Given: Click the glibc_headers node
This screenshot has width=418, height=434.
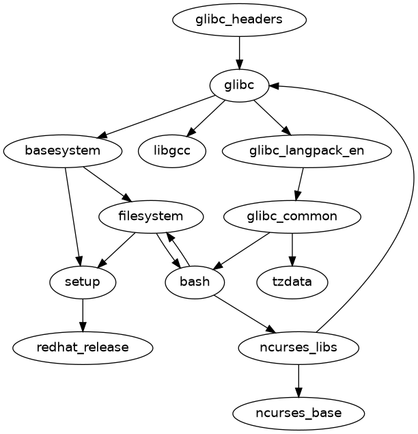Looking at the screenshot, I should (x=239, y=20).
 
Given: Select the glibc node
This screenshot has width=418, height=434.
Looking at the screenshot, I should (x=239, y=85).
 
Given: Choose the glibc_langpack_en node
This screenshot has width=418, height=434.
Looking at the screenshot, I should (x=307, y=150).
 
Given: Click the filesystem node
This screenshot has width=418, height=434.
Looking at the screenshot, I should (x=151, y=217).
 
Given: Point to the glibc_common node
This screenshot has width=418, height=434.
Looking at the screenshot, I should (x=292, y=217).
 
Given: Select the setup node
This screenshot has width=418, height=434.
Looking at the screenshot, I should (x=83, y=282).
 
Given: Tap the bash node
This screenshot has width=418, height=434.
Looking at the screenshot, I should (x=195, y=282).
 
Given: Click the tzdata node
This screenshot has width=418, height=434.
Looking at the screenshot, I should (x=292, y=282).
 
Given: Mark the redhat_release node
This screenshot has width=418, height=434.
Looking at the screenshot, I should (x=83, y=347).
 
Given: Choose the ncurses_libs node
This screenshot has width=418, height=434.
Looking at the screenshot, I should (x=298, y=347).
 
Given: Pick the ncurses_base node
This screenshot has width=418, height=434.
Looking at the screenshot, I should (x=298, y=413).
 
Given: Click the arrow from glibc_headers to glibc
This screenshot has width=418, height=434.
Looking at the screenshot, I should (x=239, y=52).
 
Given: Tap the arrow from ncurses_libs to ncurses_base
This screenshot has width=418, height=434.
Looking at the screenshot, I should (x=298, y=380).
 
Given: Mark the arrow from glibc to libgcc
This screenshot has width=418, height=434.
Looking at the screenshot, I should (x=206, y=118).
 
